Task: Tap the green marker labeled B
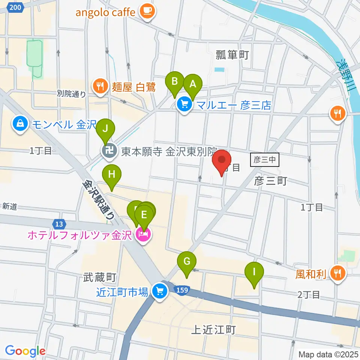[x=175, y=81]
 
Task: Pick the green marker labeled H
[x=111, y=174]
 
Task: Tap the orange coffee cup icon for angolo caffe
[x=147, y=11]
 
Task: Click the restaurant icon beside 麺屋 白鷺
[x=100, y=87]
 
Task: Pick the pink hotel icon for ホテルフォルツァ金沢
[x=144, y=235]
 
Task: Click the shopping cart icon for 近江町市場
[x=160, y=291]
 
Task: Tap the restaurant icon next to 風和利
[x=338, y=274]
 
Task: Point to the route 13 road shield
[x=58, y=224]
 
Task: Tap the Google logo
[x=25, y=351]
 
